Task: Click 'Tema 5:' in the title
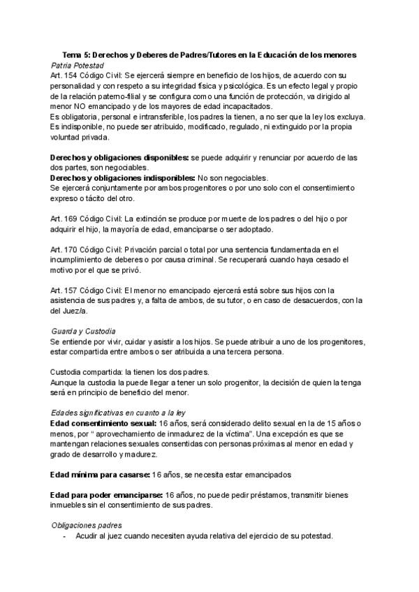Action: point(75,54)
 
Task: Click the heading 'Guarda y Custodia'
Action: point(83,330)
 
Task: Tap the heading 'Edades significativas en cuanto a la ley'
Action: point(119,412)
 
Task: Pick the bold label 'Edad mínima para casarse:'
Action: point(100,475)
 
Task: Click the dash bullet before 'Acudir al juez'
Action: point(64,536)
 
